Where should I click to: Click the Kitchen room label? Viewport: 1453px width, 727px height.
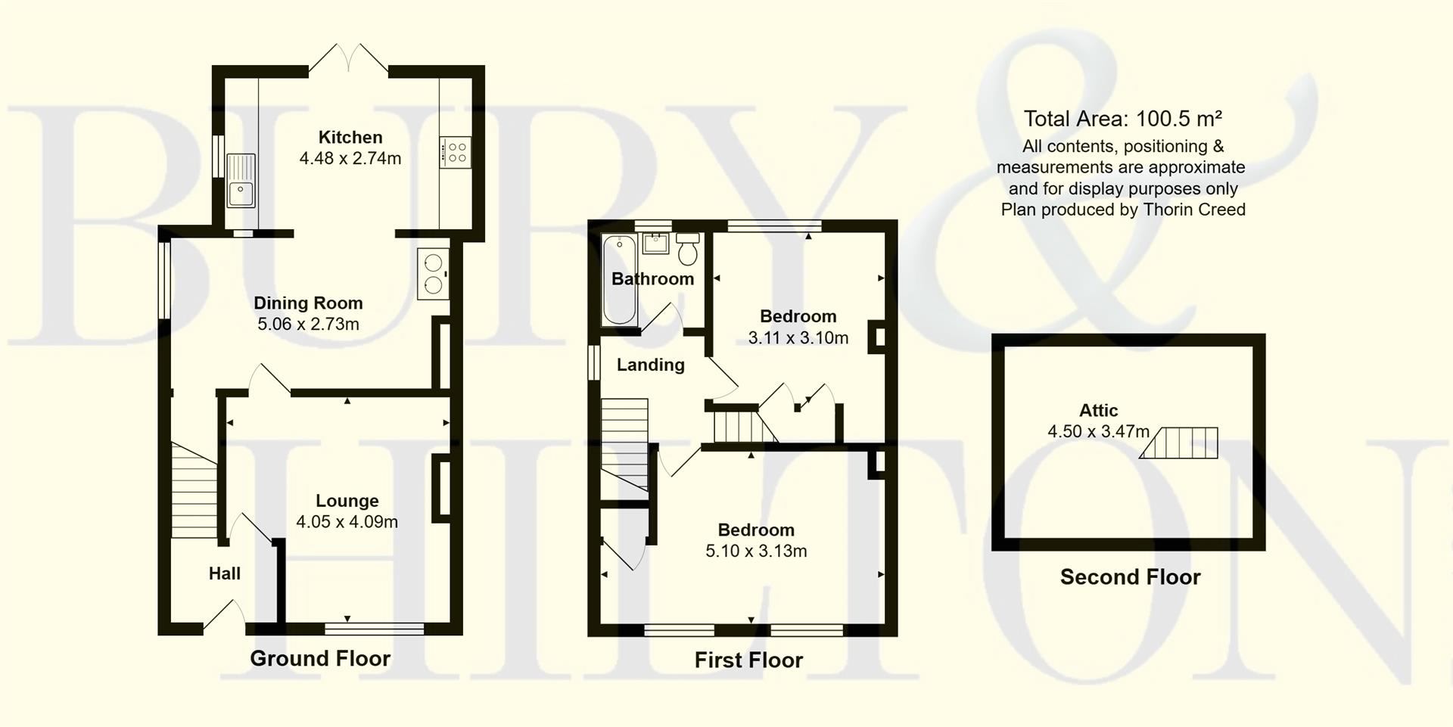350,138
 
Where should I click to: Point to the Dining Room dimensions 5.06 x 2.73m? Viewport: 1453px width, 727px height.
308,325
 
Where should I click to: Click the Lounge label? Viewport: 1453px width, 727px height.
347,501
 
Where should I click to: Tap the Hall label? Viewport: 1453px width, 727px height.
224,573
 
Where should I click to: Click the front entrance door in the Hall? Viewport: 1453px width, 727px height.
224,614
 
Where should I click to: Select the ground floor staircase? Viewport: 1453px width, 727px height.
194,490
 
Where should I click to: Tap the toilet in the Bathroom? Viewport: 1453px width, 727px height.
688,249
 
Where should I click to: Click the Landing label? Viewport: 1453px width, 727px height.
650,365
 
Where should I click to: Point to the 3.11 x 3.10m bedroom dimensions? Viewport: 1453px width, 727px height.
798,338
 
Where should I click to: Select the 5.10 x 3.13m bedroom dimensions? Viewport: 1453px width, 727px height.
756,551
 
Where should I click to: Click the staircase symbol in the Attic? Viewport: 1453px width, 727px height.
1180,443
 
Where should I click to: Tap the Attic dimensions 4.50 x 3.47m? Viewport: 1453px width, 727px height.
1098,432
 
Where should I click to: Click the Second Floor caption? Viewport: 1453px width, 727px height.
1130,577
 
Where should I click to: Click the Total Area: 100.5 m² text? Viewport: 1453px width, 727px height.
1122,119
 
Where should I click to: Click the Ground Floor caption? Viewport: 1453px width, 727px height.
320,659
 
